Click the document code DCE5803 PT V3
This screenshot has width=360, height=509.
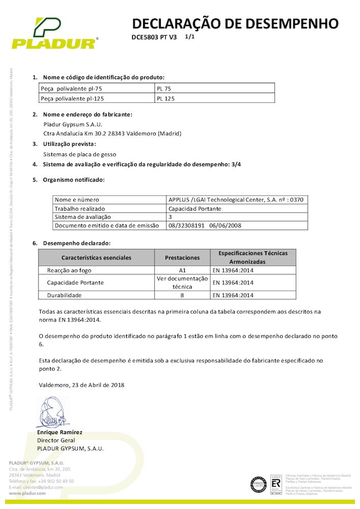(154, 38)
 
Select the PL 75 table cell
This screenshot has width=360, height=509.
(164, 89)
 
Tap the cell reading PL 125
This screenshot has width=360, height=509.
(165, 98)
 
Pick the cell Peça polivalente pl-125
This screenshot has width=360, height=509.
(75, 98)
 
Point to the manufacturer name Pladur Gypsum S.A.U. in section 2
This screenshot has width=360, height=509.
(73, 124)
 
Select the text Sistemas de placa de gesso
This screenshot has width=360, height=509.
(79, 154)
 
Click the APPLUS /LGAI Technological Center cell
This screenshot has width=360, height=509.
(236, 200)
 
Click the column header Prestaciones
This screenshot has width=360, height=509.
(182, 258)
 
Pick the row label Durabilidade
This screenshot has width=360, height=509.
(65, 295)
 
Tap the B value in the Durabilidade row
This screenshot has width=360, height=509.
(182, 295)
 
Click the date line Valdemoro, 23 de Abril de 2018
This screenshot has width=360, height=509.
(81, 385)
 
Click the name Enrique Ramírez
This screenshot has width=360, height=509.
(60, 432)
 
